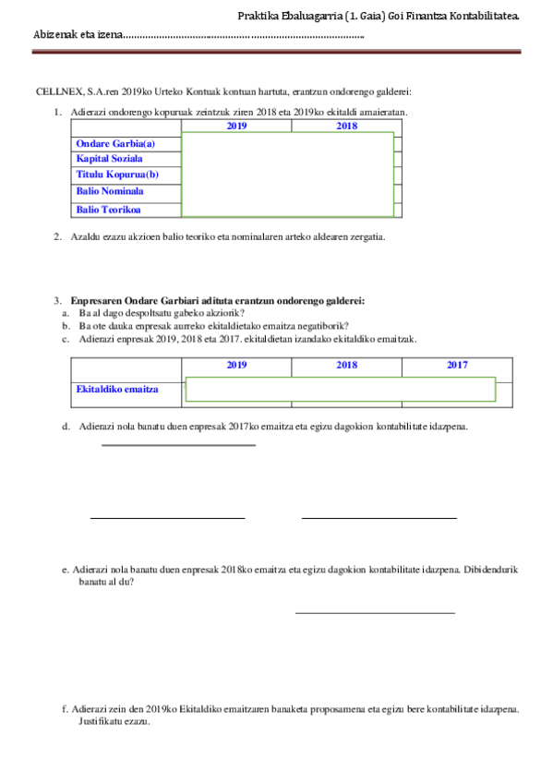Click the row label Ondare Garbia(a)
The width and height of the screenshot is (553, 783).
115,143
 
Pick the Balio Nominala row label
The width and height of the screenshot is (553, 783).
110,191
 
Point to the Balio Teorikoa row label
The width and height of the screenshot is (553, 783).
108,210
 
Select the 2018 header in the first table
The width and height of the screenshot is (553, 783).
346,126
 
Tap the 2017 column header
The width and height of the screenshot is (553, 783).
457,366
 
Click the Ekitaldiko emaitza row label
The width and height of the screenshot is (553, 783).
117,389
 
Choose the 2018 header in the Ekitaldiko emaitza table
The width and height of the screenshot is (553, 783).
346,366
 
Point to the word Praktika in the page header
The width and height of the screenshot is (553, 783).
257,16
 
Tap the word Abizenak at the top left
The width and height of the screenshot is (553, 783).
53,34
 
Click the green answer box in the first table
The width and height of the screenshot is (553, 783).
288,175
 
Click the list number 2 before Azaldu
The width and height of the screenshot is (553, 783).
57,236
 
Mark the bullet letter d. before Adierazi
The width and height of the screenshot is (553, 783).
66,427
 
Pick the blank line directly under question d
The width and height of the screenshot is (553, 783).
178,445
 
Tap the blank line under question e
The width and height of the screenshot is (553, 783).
375,612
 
